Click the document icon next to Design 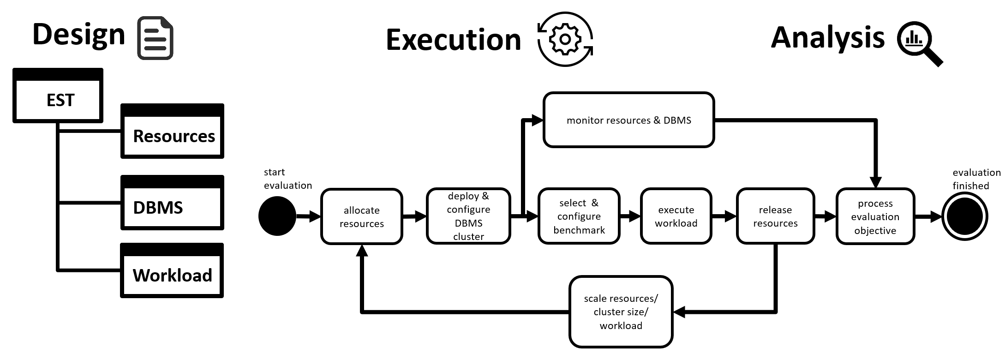(x=156, y=38)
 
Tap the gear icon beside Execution (x=565, y=39)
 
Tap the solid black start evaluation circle (x=277, y=216)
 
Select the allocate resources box (x=362, y=216)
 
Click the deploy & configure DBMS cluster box (x=468, y=216)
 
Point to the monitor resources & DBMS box (x=628, y=120)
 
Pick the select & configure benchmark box (x=579, y=216)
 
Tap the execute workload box (x=676, y=216)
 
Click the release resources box (x=775, y=216)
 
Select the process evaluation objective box (x=875, y=216)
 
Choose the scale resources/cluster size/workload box (x=621, y=312)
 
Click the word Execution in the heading (x=453, y=40)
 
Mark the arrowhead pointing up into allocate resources (x=362, y=251)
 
